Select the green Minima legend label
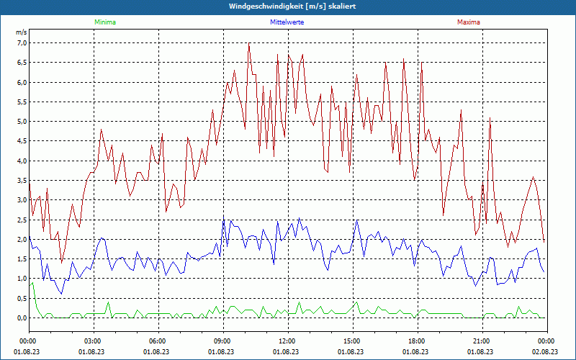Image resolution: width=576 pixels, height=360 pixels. pyautogui.click(x=104, y=22)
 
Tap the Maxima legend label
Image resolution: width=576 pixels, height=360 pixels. pyautogui.click(x=468, y=22)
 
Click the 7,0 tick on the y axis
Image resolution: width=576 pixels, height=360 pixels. pyautogui.click(x=22, y=43)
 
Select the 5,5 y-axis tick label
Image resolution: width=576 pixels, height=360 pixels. pyautogui.click(x=22, y=102)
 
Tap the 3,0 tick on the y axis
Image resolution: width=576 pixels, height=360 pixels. pyautogui.click(x=22, y=200)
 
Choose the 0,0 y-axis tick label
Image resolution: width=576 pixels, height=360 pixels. pyautogui.click(x=22, y=318)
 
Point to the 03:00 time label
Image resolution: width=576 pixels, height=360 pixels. pyautogui.click(x=93, y=341)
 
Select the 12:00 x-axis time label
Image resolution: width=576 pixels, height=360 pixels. pyautogui.click(x=287, y=341)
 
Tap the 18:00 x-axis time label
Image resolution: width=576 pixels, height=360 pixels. pyautogui.click(x=417, y=341)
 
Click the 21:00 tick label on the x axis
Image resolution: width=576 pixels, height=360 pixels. pyautogui.click(x=482, y=341)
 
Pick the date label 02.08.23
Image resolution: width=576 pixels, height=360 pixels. pyautogui.click(x=546, y=351)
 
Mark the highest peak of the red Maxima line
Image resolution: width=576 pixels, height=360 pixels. pyautogui.click(x=249, y=43)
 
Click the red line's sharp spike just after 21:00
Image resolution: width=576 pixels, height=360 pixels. pyautogui.click(x=490, y=119)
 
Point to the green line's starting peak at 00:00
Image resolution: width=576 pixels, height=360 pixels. pyautogui.click(x=32, y=283)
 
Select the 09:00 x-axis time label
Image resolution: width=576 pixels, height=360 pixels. pyautogui.click(x=222, y=341)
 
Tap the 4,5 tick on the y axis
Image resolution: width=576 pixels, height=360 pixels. pyautogui.click(x=22, y=141)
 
